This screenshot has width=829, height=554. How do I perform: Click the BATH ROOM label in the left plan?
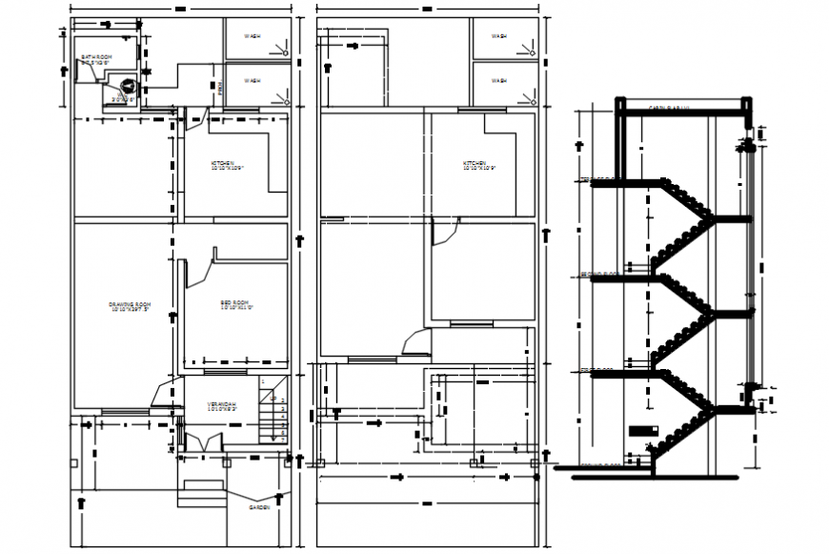point(96,58)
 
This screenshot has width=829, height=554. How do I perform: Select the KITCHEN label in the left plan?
point(228,165)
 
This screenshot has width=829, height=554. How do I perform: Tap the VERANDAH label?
point(222,408)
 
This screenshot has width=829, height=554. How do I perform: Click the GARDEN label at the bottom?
point(259,508)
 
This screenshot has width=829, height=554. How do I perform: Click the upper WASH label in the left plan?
point(252,36)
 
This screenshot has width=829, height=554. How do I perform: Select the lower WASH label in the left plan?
point(252,81)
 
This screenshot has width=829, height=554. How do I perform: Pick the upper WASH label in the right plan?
point(498,36)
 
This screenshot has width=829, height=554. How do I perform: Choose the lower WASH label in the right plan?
point(498,81)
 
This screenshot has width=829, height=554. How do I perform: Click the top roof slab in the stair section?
point(681,108)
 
